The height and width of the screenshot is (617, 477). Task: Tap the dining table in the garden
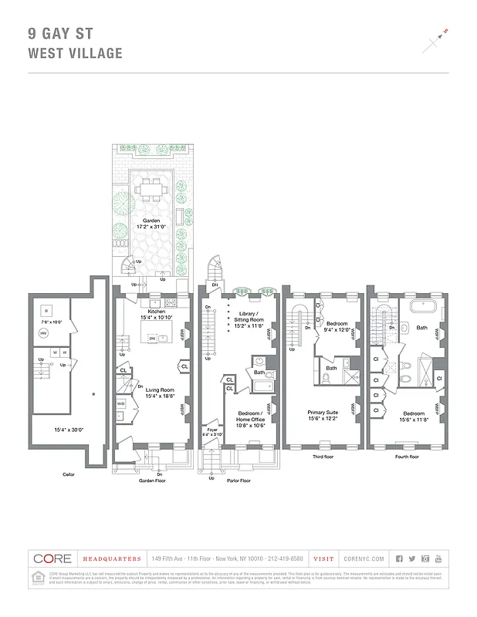click(151, 187)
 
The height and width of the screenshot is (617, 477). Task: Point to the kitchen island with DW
click(154, 337)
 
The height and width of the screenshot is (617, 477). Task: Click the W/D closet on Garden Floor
click(120, 403)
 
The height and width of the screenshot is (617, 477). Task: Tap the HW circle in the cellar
click(43, 333)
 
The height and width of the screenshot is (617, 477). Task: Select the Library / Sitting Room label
click(249, 319)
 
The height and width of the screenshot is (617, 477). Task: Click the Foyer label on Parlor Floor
click(210, 430)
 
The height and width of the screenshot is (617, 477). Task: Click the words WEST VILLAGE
click(75, 53)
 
